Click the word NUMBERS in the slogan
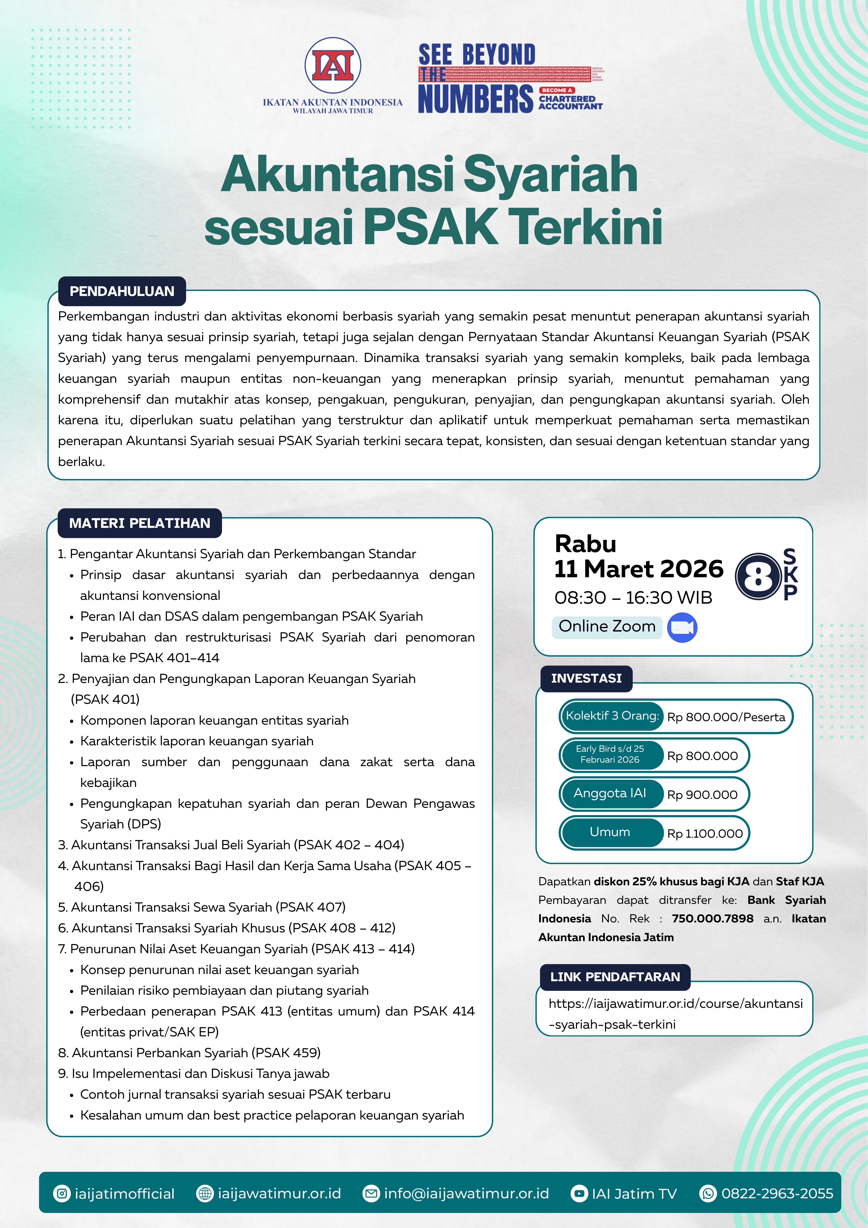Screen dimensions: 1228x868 [475, 99]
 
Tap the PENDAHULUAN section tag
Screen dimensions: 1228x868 [122, 291]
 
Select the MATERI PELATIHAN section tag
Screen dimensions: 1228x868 [140, 523]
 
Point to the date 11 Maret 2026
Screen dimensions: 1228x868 [639, 568]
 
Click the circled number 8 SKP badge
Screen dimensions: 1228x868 [758, 577]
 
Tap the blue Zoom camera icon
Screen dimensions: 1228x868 [682, 627]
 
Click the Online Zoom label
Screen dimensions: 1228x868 [607, 626]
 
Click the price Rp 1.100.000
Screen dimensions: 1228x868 [705, 833]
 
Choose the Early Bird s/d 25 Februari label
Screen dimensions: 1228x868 [610, 754]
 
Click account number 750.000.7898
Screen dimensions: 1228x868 [712, 918]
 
